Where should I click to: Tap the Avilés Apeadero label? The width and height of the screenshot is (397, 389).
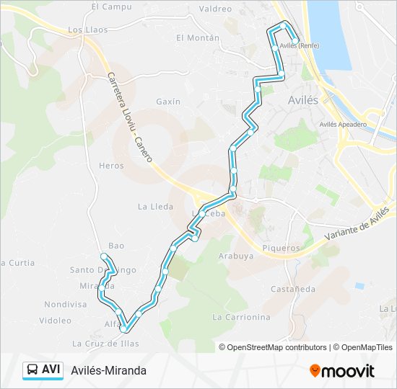coord(343,124)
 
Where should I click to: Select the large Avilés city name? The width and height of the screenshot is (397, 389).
coord(302,100)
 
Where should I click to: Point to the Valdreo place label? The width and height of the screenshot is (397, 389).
coord(214,9)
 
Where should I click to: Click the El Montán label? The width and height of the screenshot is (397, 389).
coord(197,37)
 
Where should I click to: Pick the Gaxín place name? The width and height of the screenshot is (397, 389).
coord(167,102)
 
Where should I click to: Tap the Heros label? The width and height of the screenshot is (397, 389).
coord(111,166)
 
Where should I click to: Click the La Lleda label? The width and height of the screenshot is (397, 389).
coord(155,206)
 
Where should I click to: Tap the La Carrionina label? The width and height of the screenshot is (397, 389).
coord(241,317)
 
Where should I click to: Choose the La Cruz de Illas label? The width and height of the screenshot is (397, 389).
coord(105,344)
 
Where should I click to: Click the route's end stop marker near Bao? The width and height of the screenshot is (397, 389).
coord(104,256)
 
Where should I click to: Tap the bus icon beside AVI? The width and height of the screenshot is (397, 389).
coord(32,370)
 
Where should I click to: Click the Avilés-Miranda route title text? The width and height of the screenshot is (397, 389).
coord(108,370)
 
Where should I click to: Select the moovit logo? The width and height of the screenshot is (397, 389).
coord(342,370)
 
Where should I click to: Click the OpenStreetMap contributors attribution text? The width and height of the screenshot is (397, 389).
coord(277,347)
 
